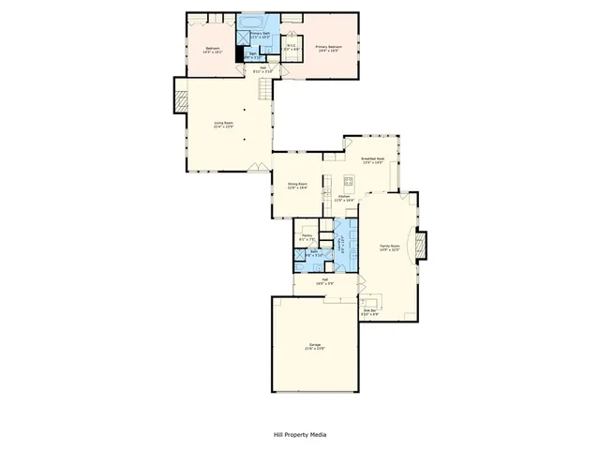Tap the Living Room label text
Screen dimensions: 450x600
(223, 125)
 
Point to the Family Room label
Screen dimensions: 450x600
(389, 248)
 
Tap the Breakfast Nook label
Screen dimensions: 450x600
(372, 160)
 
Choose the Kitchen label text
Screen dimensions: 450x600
(344, 199)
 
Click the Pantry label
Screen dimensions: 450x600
(307, 237)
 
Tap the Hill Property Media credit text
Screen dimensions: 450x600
(300, 435)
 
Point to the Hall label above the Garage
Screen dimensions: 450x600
(323, 281)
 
